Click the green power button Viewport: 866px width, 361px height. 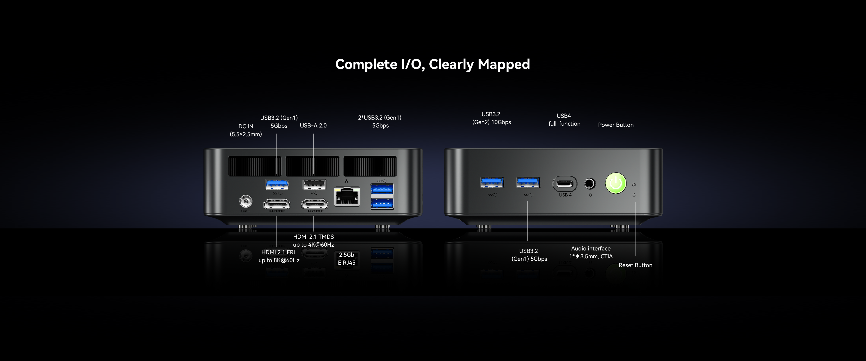pos(615,183)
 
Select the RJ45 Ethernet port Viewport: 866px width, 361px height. pos(347,197)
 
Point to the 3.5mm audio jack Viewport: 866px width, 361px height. pos(590,184)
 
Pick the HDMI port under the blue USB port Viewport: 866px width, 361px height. pos(277,204)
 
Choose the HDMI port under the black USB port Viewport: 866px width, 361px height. pos(314,204)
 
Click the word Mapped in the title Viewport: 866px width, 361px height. pos(504,64)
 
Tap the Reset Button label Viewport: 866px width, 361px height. pos(635,265)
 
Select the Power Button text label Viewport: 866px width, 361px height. pos(615,125)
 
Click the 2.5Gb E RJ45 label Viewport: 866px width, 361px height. pos(347,259)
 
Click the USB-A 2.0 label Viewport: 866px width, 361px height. pos(313,125)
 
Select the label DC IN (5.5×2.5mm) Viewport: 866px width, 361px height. pos(246,130)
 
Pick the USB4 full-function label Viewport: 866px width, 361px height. pos(564,120)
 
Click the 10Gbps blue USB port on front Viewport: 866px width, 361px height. pos(492,183)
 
